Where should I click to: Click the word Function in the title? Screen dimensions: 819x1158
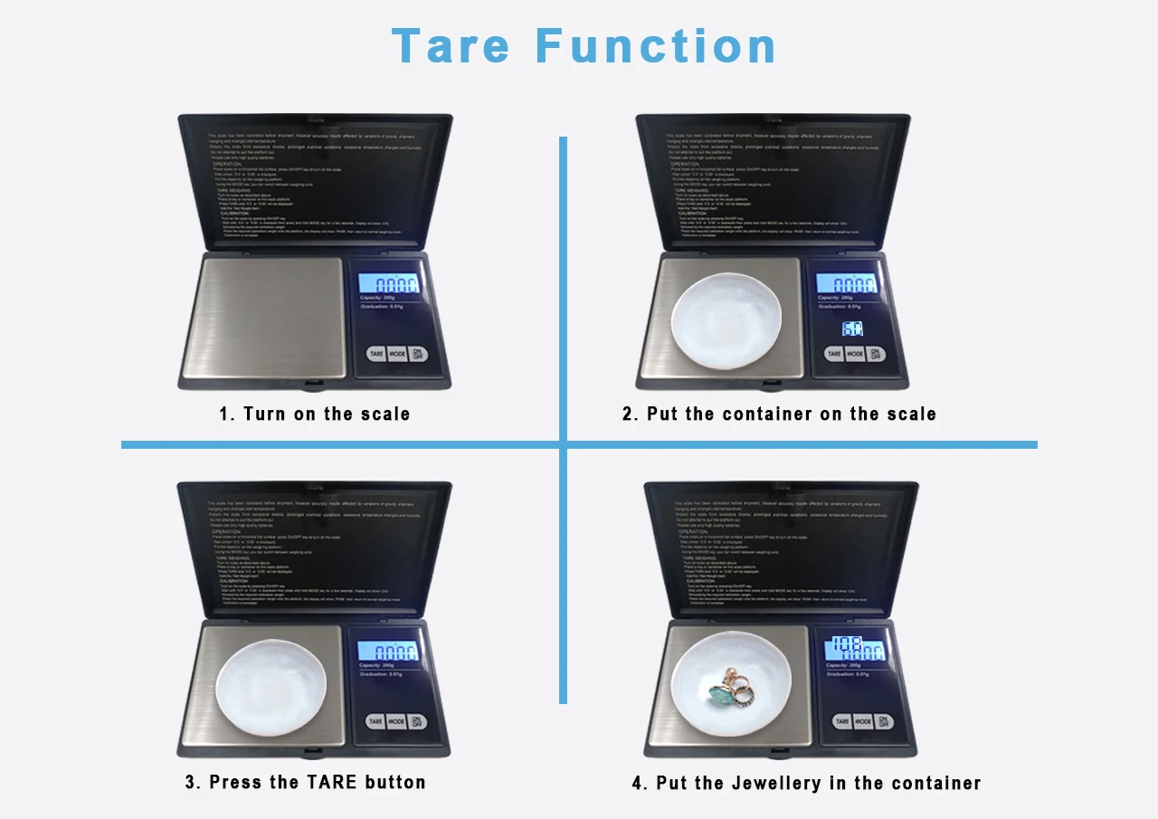[656, 46]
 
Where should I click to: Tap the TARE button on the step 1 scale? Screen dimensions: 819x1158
[376, 355]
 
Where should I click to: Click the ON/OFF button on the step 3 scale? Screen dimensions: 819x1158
[416, 721]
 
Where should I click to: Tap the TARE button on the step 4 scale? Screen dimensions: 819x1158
[842, 721]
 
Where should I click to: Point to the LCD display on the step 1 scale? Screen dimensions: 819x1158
[390, 284]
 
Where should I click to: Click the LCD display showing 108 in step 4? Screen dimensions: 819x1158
[854, 649]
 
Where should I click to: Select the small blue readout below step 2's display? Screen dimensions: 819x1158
[852, 329]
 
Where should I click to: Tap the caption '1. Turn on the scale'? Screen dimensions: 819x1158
[314, 414]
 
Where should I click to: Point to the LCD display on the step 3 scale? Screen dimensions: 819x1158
[389, 651]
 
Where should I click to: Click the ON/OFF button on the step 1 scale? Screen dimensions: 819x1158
[417, 354]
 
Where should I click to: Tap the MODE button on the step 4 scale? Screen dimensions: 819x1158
[864, 721]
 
